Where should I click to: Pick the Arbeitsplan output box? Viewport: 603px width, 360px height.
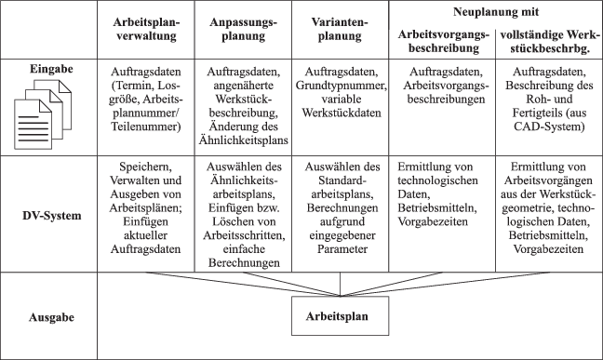[x=336, y=314]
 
